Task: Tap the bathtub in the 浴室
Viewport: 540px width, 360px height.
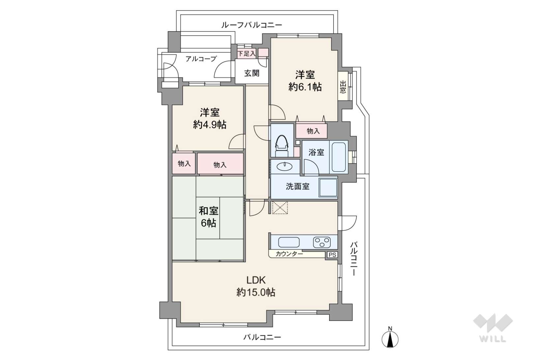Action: click(338, 157)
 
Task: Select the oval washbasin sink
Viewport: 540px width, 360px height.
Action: click(284, 166)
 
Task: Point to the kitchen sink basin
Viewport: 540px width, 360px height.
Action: click(289, 242)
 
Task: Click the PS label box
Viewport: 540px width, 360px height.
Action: click(332, 255)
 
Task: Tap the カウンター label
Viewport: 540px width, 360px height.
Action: click(289, 254)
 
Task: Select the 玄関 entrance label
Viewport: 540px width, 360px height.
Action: click(252, 73)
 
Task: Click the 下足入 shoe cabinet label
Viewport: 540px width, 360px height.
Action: click(246, 53)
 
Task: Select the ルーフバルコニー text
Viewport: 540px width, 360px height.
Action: click(252, 25)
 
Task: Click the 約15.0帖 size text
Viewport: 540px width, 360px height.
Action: click(256, 292)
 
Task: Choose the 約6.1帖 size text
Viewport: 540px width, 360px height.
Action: click(305, 87)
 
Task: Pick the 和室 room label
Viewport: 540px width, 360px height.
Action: click(209, 211)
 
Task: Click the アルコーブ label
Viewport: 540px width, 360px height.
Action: click(201, 59)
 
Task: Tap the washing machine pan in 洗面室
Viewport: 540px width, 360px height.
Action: click(328, 187)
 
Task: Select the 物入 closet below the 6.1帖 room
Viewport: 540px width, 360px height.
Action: click(313, 131)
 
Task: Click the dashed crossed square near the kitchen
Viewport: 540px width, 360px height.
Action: click(280, 208)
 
